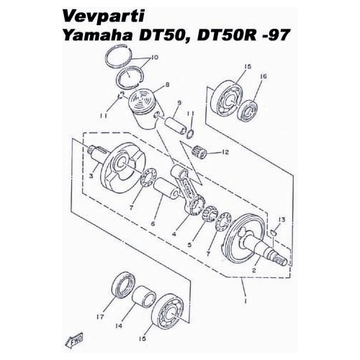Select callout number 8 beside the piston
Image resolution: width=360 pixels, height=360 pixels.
pyautogui.click(x=167, y=84)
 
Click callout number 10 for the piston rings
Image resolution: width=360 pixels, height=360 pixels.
pyautogui.click(x=155, y=58)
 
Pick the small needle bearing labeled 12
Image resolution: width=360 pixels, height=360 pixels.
pyautogui.click(x=199, y=153)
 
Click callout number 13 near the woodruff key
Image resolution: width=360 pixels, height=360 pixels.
pyautogui.click(x=282, y=220)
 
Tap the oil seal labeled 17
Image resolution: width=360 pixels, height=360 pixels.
pyautogui.click(x=123, y=284)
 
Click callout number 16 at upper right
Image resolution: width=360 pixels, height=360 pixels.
pyautogui.click(x=263, y=76)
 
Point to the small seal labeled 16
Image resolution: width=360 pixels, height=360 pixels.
pyautogui.click(x=247, y=111)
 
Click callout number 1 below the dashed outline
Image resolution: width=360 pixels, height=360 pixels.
pyautogui.click(x=246, y=300)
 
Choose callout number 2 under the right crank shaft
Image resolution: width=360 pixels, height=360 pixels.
pyautogui.click(x=254, y=270)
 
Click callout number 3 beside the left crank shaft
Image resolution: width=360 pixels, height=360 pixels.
pyautogui.click(x=91, y=176)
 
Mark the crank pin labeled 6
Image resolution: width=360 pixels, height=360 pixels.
pyautogui.click(x=166, y=190)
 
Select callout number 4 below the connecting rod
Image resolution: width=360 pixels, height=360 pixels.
pyautogui.click(x=174, y=233)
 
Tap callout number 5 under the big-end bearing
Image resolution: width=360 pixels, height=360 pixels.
pyautogui.click(x=189, y=245)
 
